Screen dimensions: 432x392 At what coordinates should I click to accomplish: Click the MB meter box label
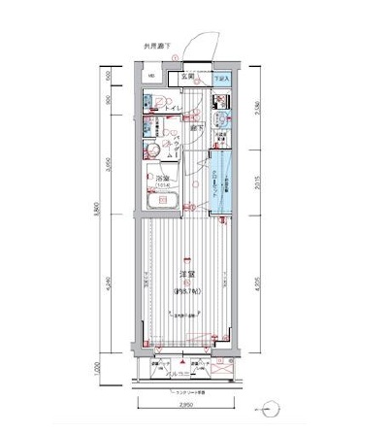[x=151, y=76]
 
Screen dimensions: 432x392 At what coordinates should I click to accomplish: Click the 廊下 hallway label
[x=195, y=127]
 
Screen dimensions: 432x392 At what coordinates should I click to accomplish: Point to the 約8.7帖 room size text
[x=185, y=290]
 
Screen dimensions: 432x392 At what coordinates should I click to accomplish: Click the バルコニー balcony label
[x=183, y=373]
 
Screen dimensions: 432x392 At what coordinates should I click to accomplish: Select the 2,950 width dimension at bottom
[x=182, y=407]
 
